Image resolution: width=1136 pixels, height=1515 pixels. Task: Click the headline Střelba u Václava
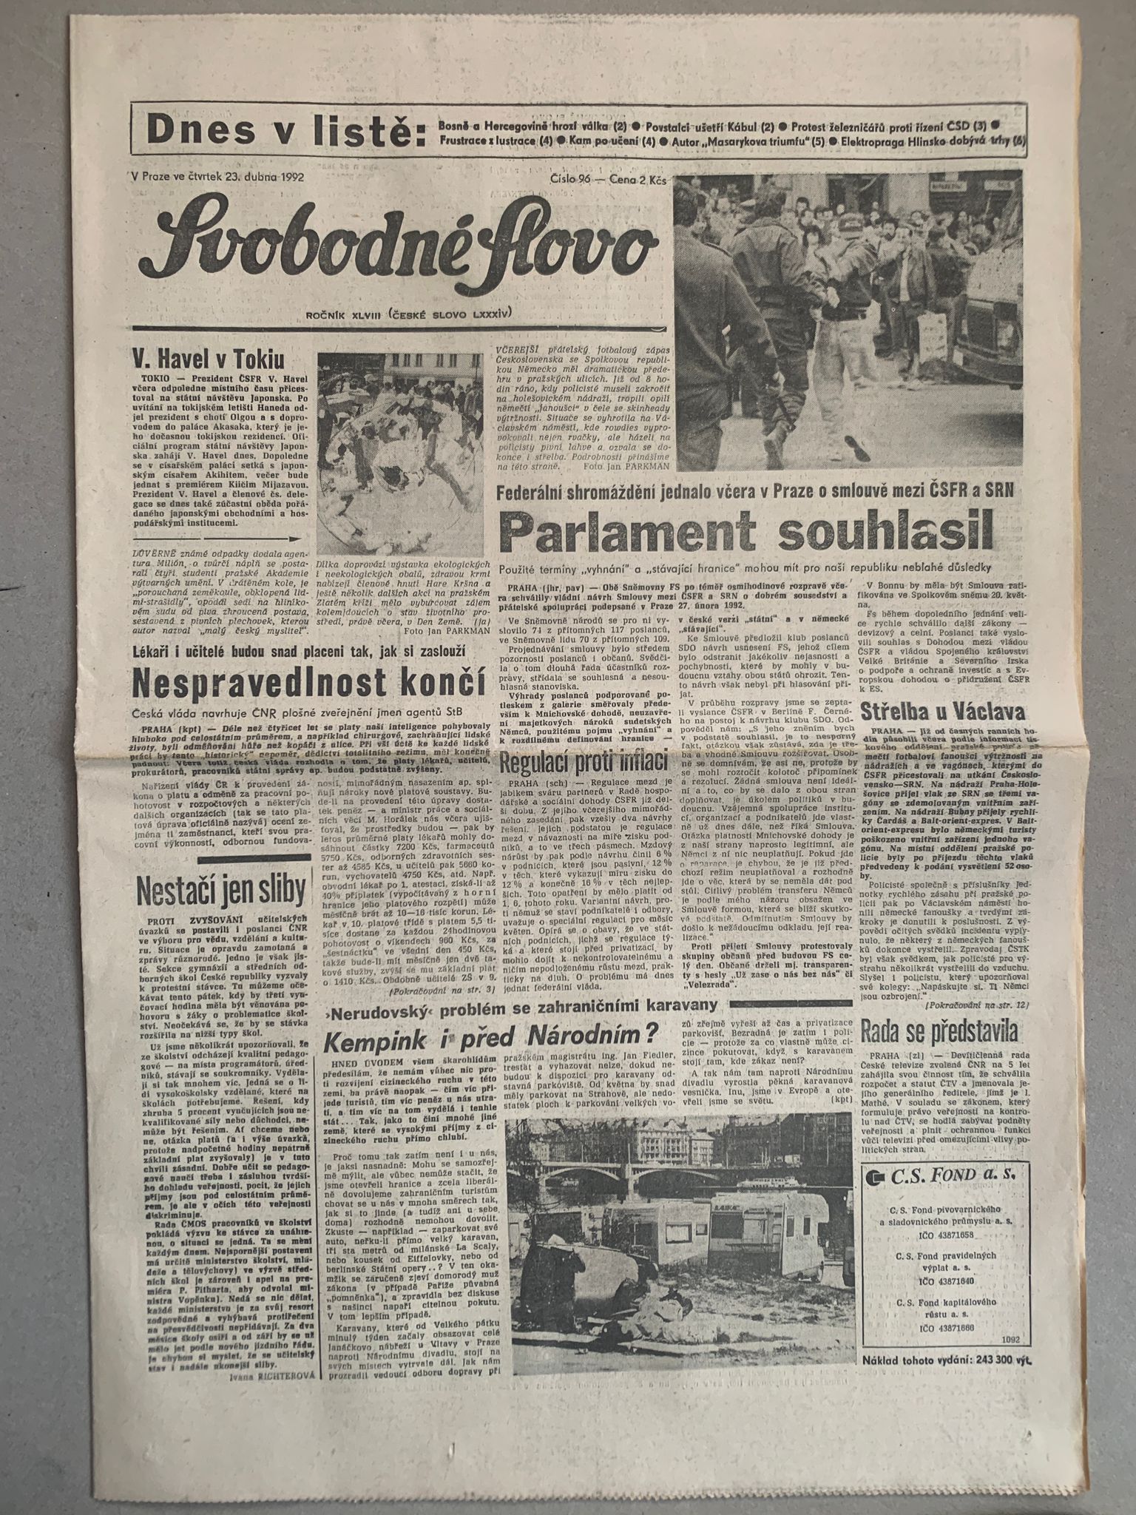coord(943,712)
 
